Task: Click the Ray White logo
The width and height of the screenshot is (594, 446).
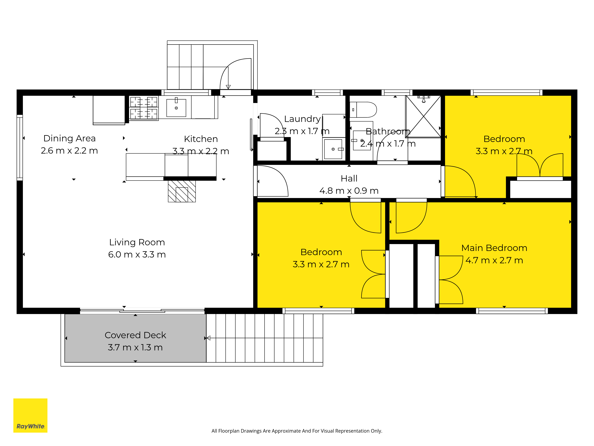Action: [30, 415]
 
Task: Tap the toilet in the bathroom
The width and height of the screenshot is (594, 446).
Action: [363, 110]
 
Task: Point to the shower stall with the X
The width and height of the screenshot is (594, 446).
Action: [423, 116]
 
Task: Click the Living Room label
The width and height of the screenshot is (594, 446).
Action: [137, 242]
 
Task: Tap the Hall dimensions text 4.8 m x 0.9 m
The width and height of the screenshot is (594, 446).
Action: [349, 191]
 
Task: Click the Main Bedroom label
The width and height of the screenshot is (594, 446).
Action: [494, 248]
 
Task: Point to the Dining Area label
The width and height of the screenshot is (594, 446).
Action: [69, 138]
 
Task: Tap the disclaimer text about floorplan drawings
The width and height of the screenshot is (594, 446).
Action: [297, 431]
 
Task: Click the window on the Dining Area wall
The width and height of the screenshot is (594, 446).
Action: [20, 147]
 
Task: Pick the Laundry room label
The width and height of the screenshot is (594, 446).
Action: [302, 119]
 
